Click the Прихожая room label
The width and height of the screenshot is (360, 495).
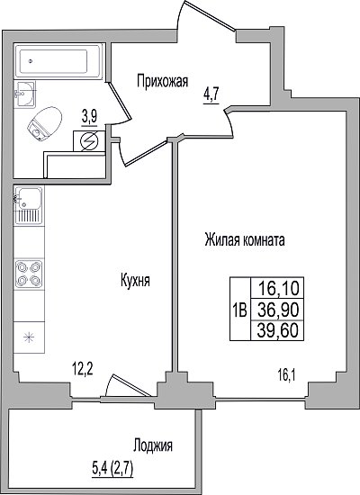162,81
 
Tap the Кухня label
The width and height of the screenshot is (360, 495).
135,280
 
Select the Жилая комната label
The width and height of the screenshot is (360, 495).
245,239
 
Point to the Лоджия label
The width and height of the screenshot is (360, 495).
153,446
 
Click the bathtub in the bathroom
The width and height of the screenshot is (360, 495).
58,60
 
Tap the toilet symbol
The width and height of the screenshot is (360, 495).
44,123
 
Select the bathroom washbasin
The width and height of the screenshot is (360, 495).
24,93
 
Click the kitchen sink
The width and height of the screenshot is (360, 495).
28,205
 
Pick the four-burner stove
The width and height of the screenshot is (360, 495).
29,274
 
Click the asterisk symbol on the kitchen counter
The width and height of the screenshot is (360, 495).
29,337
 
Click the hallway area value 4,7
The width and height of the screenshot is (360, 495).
211,94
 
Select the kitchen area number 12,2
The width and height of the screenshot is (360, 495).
83,369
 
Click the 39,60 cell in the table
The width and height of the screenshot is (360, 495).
277,331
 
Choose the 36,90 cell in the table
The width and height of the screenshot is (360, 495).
277,310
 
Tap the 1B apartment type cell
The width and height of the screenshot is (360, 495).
240,310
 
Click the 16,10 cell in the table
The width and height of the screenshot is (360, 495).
277,288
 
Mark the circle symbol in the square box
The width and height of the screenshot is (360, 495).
89,141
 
